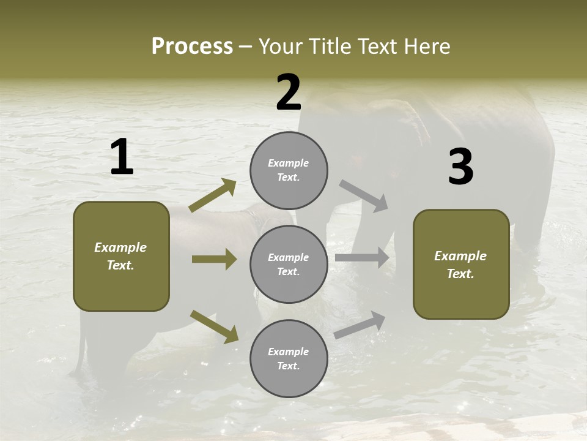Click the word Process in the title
(x=192, y=47)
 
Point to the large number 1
(x=122, y=157)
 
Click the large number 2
(x=289, y=93)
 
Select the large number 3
(x=460, y=167)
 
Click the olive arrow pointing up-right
(x=213, y=195)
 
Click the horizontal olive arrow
(x=214, y=259)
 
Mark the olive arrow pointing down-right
(x=215, y=326)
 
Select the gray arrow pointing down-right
(x=364, y=196)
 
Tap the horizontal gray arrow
(x=362, y=258)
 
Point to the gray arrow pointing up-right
(x=360, y=325)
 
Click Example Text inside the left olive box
(x=120, y=256)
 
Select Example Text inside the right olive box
(x=460, y=265)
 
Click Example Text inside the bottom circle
(x=289, y=359)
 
